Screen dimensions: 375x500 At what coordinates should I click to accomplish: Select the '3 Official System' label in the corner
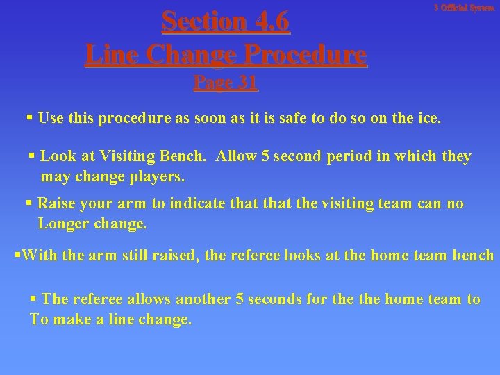point(464,8)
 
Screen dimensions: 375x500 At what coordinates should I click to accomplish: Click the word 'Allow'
point(236,156)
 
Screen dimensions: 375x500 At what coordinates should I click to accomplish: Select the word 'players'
point(157,176)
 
